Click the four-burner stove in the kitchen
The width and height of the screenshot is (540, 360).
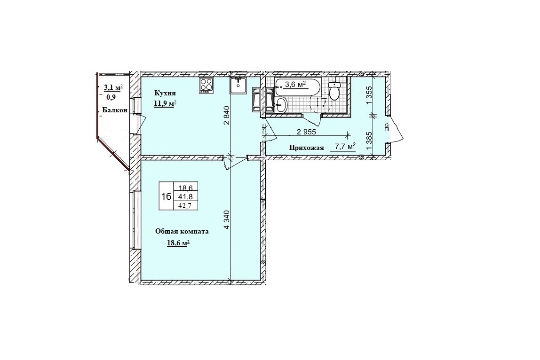coord(206,86)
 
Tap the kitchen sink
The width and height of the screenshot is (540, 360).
coord(238,85)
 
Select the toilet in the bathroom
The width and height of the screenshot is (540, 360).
coord(334,91)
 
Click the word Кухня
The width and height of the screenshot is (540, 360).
coord(165,93)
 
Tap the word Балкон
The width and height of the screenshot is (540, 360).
coord(115,110)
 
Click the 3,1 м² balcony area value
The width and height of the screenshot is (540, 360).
coord(113,87)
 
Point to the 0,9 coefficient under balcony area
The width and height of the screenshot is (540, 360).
coord(111,97)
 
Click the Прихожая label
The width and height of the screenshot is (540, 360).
coord(307,148)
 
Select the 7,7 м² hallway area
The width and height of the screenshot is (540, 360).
coord(343,147)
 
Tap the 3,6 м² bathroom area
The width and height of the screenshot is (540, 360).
coord(295,84)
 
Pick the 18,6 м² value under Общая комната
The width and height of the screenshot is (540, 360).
coord(178,243)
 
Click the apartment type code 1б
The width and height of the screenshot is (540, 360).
coord(167,196)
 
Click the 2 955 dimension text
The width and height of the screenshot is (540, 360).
coord(306,132)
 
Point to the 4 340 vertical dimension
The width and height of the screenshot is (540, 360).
coord(227,219)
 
